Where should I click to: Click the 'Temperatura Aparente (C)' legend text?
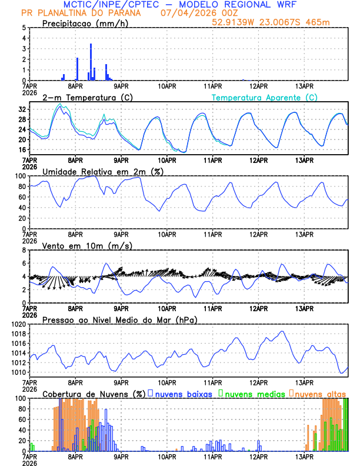pos(265,97)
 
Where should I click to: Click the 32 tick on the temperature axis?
pos(22,109)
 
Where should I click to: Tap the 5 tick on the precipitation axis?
pos(24,28)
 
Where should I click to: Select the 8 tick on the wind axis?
pos(24,250)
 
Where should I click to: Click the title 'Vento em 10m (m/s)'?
pos(79,245)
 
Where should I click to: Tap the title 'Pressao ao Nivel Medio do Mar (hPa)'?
pos(119,319)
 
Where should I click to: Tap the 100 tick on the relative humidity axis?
pos(21,176)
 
